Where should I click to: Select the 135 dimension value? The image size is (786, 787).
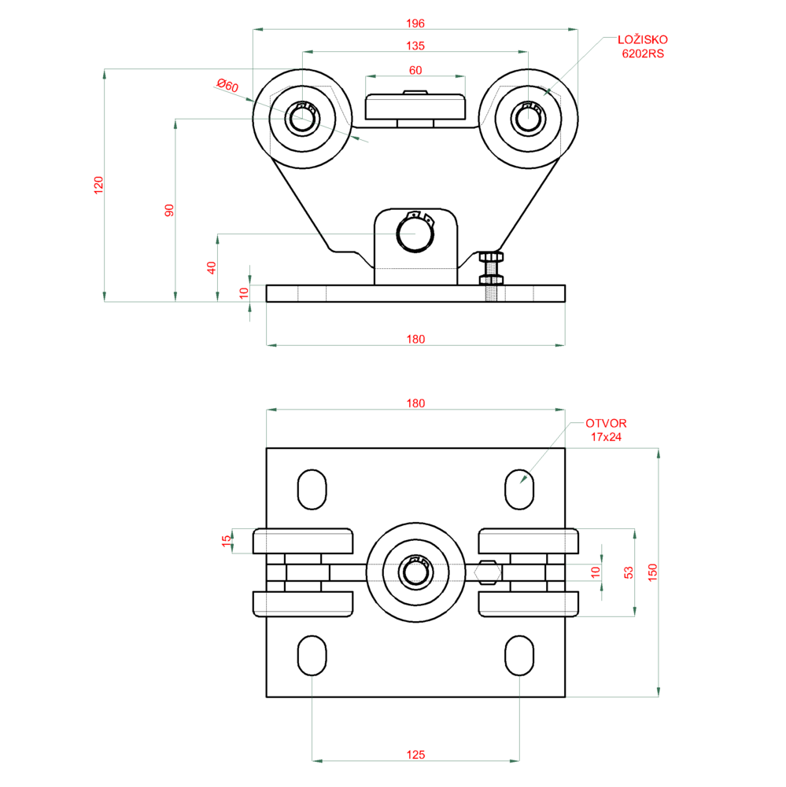click(x=415, y=46)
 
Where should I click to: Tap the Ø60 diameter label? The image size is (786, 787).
click(x=227, y=86)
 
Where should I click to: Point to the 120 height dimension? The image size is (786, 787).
click(x=98, y=186)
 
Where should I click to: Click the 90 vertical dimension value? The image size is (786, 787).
click(x=168, y=210)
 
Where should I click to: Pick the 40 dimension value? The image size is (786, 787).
click(x=211, y=267)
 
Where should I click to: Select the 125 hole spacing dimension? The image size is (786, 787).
click(x=415, y=754)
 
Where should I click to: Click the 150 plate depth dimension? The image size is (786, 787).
click(x=652, y=572)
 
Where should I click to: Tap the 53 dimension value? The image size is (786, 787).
click(x=628, y=572)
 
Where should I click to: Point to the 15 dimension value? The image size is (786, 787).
click(x=227, y=541)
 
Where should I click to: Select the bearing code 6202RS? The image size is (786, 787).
click(x=643, y=53)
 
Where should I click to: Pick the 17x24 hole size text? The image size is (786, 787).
click(x=606, y=436)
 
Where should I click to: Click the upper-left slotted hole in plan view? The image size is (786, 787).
click(x=312, y=490)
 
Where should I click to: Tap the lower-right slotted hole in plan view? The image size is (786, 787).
click(x=518, y=655)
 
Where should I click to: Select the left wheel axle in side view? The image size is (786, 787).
click(x=300, y=119)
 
